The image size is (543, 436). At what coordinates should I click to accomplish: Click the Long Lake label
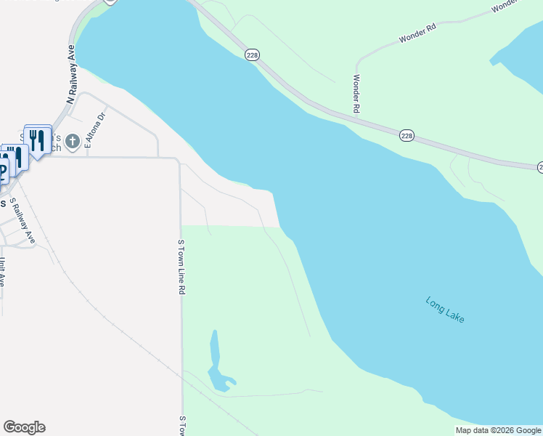coord(445,310)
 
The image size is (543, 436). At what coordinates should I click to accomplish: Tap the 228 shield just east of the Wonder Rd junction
coord(407,136)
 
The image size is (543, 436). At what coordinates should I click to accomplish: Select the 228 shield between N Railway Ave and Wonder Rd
coord(252,55)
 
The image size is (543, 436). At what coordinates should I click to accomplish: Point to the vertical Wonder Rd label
coord(356,94)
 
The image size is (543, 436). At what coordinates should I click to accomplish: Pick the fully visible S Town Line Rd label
coord(181,267)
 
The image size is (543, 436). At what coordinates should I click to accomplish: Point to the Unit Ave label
coord(3,271)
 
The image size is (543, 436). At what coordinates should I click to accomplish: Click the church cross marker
coord(72,141)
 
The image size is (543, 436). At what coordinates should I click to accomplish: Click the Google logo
coord(24,427)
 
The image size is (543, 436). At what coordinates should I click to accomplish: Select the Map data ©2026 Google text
coord(499,430)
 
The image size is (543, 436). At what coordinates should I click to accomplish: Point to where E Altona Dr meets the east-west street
coord(86,156)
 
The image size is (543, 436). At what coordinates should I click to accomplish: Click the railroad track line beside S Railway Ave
coord(51,247)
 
